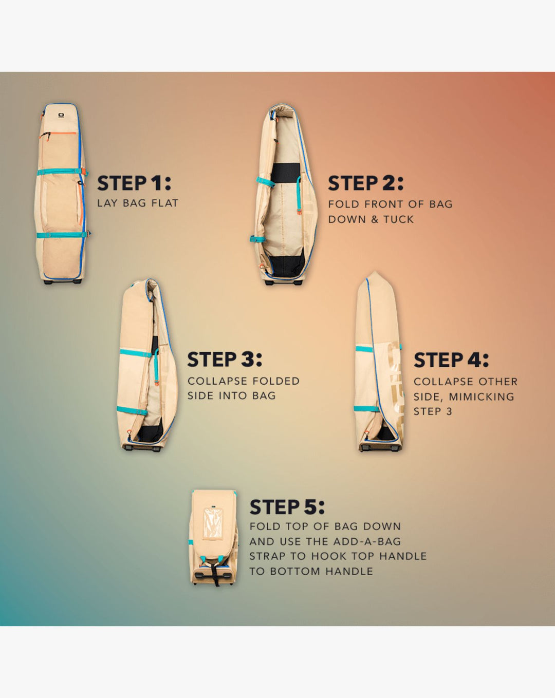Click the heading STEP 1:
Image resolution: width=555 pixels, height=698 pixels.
(x=134, y=183)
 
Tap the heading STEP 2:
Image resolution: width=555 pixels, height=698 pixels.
(x=366, y=183)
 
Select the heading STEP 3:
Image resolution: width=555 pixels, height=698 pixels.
(x=225, y=360)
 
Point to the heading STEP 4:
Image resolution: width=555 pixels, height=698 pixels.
(x=451, y=360)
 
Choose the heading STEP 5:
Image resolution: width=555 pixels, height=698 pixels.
(x=287, y=507)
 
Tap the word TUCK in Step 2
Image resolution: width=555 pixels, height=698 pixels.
(x=399, y=220)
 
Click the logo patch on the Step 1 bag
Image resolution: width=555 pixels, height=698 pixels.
(x=61, y=115)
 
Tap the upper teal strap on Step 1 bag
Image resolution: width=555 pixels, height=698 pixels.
(x=62, y=172)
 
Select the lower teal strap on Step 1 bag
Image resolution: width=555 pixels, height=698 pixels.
(x=62, y=234)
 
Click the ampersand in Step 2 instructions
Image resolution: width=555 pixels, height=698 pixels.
(x=375, y=220)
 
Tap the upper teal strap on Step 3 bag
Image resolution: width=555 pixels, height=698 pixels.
(x=136, y=353)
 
